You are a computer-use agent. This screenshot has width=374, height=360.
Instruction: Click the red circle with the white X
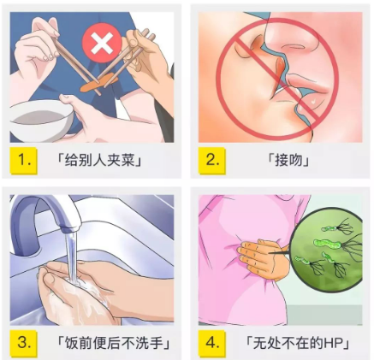point(102,43)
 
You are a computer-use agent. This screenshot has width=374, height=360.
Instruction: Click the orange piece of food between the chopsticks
point(98,82)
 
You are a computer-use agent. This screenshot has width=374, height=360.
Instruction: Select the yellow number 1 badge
point(23,161)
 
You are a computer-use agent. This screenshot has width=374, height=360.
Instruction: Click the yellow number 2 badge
point(212,160)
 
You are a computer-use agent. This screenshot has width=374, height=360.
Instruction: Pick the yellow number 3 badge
point(23,343)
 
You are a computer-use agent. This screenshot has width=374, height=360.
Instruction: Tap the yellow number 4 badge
point(212,343)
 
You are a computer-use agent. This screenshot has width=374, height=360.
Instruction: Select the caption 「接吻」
point(288,160)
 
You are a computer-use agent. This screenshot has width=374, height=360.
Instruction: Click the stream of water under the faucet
point(71,257)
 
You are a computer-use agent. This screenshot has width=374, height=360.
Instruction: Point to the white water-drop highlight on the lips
point(314,101)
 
